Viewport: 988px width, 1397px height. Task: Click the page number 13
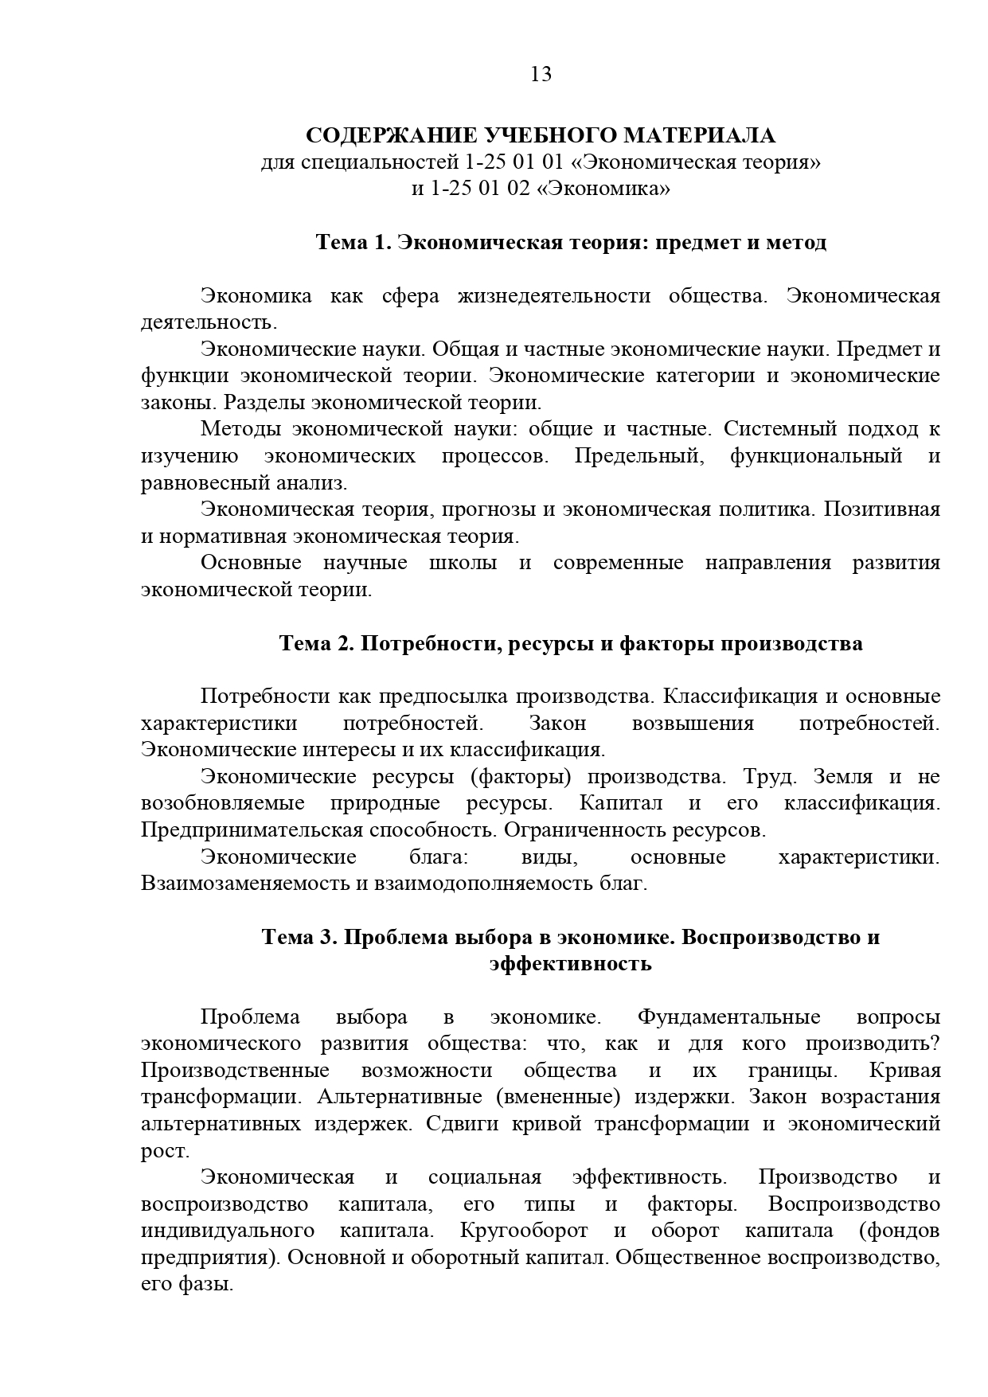541,74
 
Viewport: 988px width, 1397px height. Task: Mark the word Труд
768,776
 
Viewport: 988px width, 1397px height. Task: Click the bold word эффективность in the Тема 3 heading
571,964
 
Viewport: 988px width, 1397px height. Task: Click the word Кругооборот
524,1230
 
